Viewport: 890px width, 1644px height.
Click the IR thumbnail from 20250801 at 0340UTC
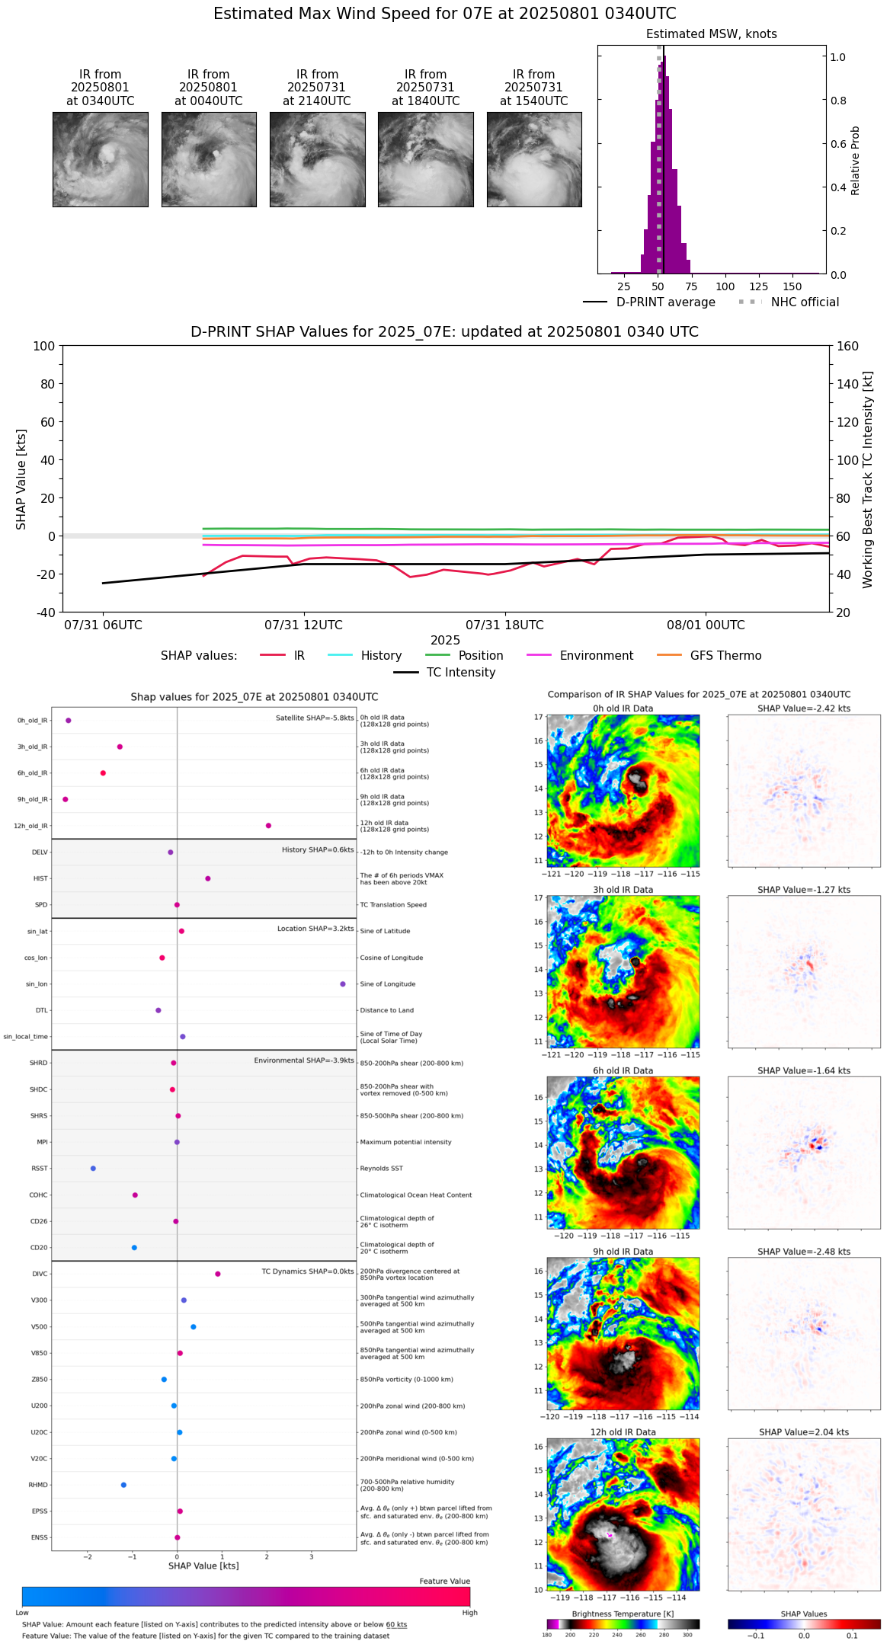tap(100, 159)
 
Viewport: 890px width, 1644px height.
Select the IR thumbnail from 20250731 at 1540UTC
tap(534, 159)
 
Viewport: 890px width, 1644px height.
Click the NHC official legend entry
tap(804, 302)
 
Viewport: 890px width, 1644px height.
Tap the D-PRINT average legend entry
tap(665, 302)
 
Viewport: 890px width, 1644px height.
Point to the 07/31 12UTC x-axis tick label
tap(303, 625)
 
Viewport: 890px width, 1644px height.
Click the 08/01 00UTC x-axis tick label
tap(706, 625)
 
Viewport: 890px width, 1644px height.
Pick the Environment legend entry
tap(596, 656)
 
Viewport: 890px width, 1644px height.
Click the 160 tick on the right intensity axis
tap(847, 346)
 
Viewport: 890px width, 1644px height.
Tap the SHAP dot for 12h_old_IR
tap(268, 826)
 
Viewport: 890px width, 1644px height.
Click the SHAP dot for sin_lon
tap(343, 984)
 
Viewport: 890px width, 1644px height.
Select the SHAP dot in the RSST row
tap(93, 1169)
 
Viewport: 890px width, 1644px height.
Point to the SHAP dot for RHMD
tap(123, 1485)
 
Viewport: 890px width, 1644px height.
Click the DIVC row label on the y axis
tap(40, 1275)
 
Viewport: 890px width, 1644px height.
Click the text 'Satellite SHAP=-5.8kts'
tap(315, 718)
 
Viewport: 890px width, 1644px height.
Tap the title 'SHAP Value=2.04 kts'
tap(804, 1432)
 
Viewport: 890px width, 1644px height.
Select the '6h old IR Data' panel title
tap(623, 1070)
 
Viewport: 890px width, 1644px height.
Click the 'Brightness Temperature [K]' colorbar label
tap(623, 1614)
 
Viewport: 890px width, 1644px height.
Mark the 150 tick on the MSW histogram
tap(792, 286)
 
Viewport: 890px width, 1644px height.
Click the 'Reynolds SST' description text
tap(382, 1169)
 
